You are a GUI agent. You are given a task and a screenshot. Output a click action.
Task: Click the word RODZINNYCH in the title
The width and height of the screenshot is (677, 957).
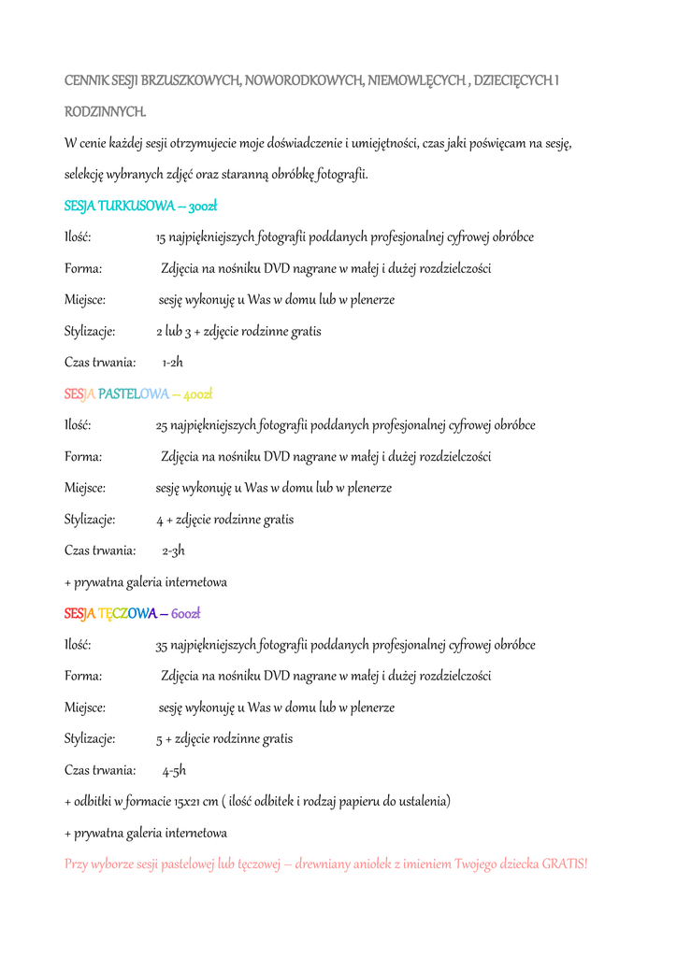[105, 112]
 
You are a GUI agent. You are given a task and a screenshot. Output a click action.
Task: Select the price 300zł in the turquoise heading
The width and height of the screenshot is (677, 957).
[203, 206]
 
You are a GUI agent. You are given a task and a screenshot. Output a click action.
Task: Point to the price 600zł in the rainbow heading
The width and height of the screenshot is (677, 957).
[186, 613]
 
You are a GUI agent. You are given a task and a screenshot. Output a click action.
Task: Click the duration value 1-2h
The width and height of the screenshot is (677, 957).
[172, 363]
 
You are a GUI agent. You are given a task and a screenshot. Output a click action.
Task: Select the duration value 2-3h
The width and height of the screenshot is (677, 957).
[173, 550]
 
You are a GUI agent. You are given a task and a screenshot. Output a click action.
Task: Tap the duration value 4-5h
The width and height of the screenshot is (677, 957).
[174, 771]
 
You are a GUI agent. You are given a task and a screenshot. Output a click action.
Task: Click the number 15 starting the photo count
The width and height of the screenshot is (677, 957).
[161, 237]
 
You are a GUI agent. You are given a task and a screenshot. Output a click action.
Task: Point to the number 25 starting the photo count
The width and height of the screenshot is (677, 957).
[162, 425]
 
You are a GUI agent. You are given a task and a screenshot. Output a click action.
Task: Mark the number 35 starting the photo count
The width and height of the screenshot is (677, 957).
[162, 645]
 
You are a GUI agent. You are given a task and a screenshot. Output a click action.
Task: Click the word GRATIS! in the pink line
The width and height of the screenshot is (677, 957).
[565, 864]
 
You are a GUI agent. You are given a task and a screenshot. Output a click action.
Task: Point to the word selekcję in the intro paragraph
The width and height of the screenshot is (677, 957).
[87, 175]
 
